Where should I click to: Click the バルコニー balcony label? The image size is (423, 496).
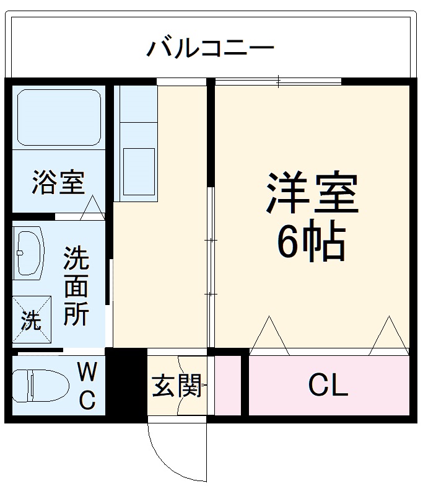point(211,47)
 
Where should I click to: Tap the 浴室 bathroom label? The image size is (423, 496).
point(58,183)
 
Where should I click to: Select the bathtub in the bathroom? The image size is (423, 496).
point(58,118)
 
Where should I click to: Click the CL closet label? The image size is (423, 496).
point(328,386)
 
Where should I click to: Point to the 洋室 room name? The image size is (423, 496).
point(313,193)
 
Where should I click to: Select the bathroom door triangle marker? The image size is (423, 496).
point(94,207)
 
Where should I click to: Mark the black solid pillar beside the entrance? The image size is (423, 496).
point(127,384)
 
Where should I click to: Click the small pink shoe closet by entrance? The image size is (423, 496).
point(227,386)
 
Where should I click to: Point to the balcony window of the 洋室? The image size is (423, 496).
point(279,81)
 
